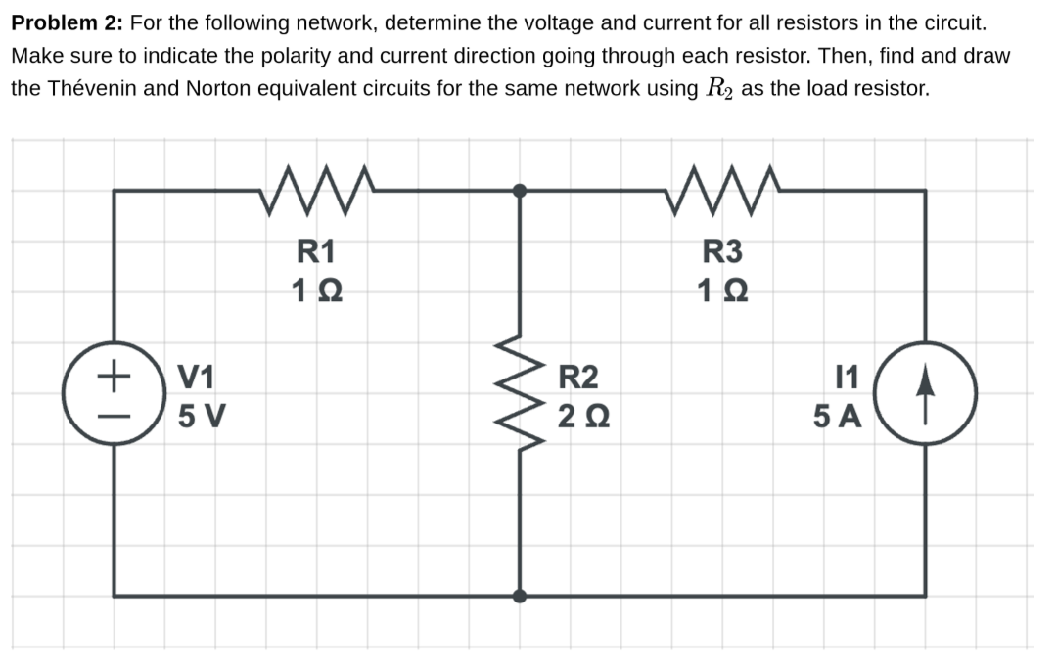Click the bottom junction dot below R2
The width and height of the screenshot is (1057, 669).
click(520, 595)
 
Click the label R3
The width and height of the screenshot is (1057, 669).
click(722, 252)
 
